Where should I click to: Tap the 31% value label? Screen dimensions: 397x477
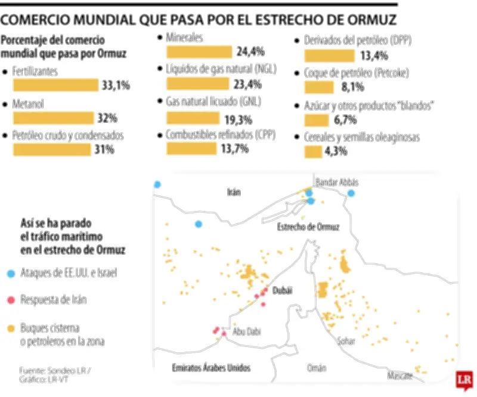tap(104, 150)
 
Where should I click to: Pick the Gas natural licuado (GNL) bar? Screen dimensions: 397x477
tap(192, 117)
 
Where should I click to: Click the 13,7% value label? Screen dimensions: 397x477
tap(234, 150)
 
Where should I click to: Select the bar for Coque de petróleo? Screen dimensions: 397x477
tap(319, 88)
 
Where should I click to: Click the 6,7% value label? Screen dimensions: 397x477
tap(345, 120)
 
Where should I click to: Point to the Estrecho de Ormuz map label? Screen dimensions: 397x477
tap(308, 227)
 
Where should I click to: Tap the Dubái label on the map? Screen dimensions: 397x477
tap(283, 290)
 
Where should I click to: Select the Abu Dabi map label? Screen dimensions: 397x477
tap(247, 331)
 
